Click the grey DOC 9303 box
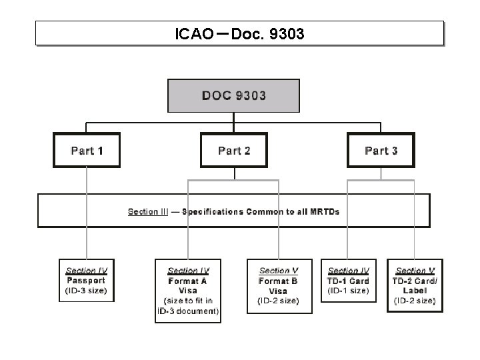(x=233, y=95)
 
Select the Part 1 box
(x=87, y=150)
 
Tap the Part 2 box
(x=234, y=150)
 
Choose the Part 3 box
(x=381, y=150)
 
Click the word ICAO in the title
(x=194, y=33)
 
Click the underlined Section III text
(x=148, y=211)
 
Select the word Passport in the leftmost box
(x=86, y=281)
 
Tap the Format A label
(x=188, y=281)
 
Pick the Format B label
(x=279, y=281)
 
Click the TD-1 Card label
(x=349, y=281)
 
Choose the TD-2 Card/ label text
(x=415, y=281)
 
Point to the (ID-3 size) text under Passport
(x=86, y=291)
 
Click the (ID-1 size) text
(x=349, y=291)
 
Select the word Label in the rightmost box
(x=415, y=291)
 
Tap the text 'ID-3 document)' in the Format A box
(x=189, y=311)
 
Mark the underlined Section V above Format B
(x=279, y=271)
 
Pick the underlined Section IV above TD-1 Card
(x=349, y=271)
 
